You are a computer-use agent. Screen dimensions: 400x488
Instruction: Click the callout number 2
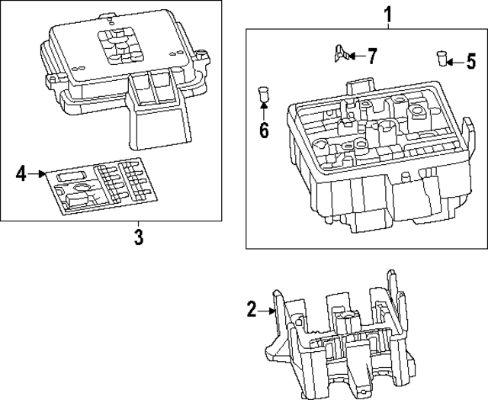click(252, 309)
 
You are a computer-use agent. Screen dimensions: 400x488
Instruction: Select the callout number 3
click(138, 237)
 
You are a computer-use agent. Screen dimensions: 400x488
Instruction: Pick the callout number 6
click(264, 130)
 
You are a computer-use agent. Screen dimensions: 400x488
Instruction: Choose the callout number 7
click(371, 56)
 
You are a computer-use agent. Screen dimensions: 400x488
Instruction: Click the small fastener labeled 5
click(441, 57)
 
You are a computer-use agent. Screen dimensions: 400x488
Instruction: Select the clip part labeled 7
click(342, 54)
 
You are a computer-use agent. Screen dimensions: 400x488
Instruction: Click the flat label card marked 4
click(98, 187)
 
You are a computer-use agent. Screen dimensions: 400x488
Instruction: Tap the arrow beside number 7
click(358, 56)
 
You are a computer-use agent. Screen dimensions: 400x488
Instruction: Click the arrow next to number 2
click(267, 310)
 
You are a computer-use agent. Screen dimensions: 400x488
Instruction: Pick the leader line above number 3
click(138, 222)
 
